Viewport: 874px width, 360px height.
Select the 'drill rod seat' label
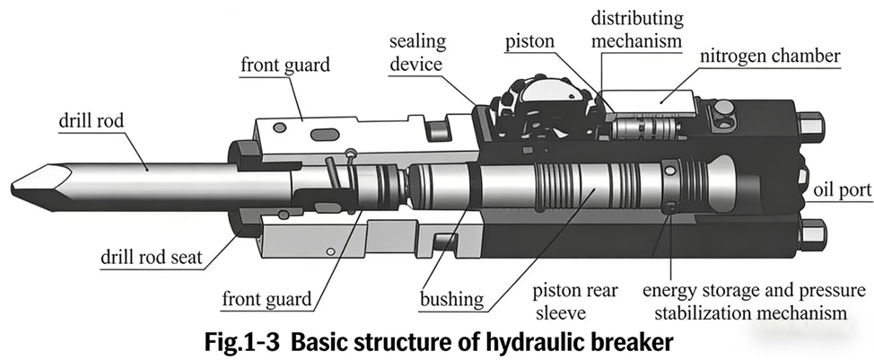pyautogui.click(x=149, y=259)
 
